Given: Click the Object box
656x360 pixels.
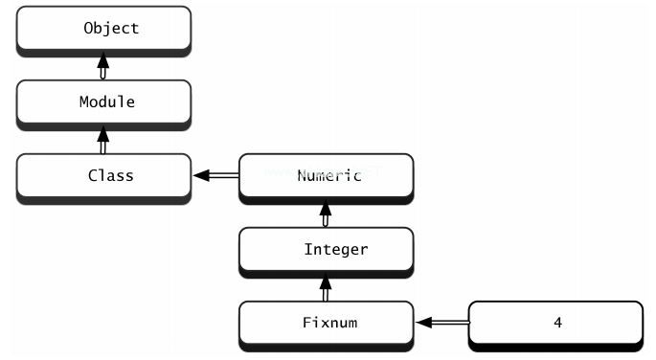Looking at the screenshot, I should click(x=103, y=29).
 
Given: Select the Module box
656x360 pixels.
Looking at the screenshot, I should click(x=103, y=101).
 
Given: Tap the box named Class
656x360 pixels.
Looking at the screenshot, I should click(x=103, y=176).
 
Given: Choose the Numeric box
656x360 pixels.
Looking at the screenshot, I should click(x=326, y=176).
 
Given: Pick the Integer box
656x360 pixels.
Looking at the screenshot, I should click(x=326, y=250).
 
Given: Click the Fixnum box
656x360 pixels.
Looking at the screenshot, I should click(x=326, y=323).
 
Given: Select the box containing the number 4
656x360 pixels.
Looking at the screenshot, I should click(x=555, y=323).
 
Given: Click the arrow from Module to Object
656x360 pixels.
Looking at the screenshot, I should click(x=103, y=66).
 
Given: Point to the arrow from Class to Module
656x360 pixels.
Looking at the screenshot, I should click(x=103, y=140).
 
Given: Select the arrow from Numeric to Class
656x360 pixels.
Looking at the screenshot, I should click(x=215, y=176).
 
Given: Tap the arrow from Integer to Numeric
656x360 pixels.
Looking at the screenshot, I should click(x=326, y=214).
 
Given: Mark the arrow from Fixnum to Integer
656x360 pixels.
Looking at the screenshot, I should click(x=326, y=287).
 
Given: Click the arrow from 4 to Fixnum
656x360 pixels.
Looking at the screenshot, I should click(x=441, y=324).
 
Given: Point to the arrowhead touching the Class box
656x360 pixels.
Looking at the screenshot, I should click(x=200, y=176).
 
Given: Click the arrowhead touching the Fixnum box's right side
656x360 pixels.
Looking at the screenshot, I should click(x=423, y=324).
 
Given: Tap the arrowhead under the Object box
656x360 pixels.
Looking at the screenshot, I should click(x=103, y=59).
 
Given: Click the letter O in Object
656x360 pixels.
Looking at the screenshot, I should click(x=88, y=29).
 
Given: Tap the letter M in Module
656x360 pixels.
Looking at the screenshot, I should click(x=83, y=101).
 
